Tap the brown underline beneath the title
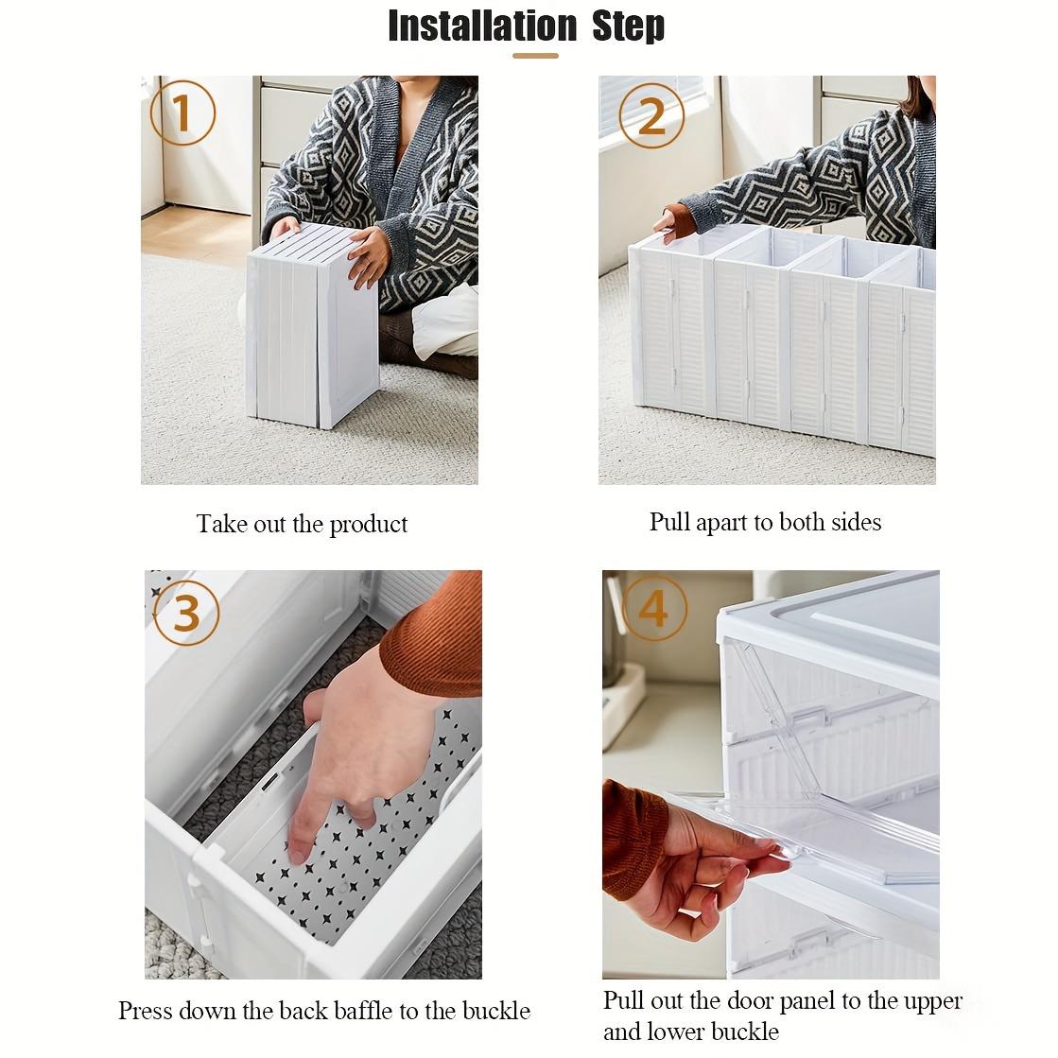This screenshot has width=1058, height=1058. tap(535, 56)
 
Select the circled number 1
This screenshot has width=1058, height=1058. tap(182, 114)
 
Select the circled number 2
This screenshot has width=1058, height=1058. tap(651, 115)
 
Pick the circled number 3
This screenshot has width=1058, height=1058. tap(186, 613)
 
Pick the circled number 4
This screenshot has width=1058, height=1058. tap(653, 608)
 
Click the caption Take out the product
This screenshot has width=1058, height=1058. tap(302, 524)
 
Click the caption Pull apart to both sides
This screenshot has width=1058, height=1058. tap(765, 522)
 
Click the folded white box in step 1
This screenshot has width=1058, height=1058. tap(312, 326)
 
